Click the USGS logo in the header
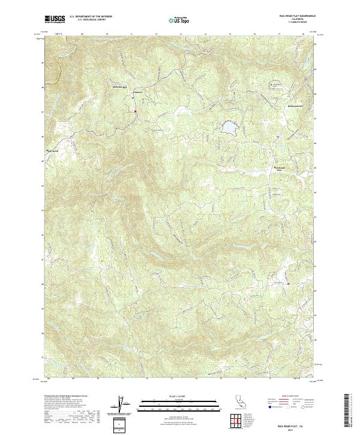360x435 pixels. pyautogui.click(x=56, y=20)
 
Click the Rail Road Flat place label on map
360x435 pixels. pyautogui.click(x=278, y=169)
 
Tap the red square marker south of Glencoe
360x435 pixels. pyautogui.click(x=136, y=111)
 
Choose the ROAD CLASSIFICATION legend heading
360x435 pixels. pyautogui.click(x=288, y=397)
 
